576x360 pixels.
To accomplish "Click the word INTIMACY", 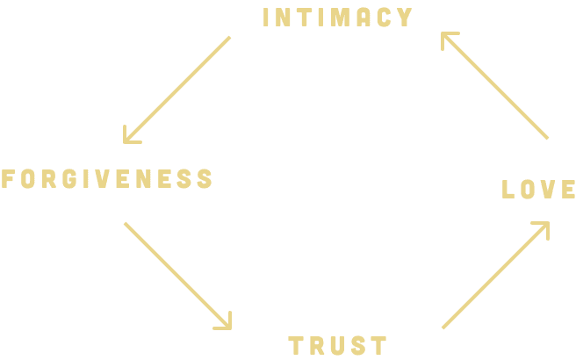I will click(x=338, y=18).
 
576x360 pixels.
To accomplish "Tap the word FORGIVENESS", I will click(x=107, y=179).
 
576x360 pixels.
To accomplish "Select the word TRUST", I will click(x=338, y=346).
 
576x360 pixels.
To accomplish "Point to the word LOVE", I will click(x=538, y=189).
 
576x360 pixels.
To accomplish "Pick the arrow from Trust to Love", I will click(x=495, y=275).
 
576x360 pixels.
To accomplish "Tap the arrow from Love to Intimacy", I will click(x=495, y=86).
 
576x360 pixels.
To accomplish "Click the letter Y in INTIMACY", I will click(x=405, y=18).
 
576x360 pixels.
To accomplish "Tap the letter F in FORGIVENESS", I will click(x=8, y=179).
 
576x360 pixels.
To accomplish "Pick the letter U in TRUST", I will click(x=338, y=346).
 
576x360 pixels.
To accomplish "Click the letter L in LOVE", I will click(x=508, y=189).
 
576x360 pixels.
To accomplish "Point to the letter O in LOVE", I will click(x=527, y=189).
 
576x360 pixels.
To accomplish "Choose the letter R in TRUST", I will click(x=316, y=346).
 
